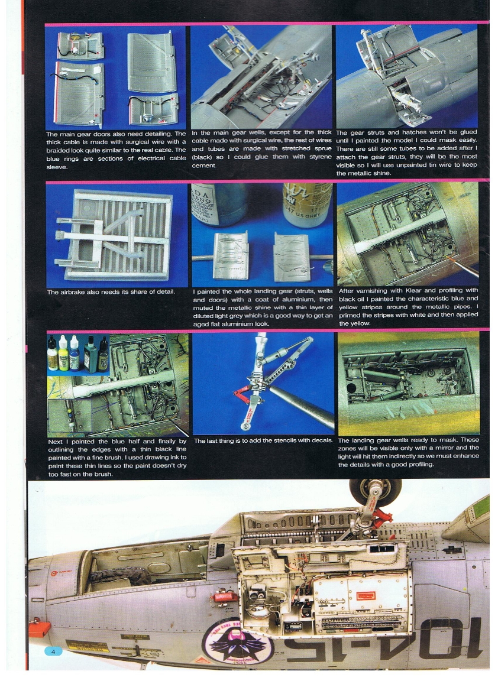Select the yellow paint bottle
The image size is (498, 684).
point(63,354)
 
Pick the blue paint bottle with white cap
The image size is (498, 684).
point(75,354)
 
